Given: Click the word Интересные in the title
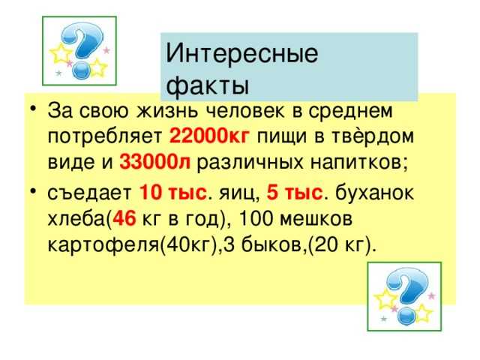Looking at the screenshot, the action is click(241, 53).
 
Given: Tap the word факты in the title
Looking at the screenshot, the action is click(207, 84).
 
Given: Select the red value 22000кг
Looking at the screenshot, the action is click(209, 136).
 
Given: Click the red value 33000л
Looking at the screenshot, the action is click(154, 161).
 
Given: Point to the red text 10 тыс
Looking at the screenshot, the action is click(172, 193).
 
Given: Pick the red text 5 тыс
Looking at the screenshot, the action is click(295, 193).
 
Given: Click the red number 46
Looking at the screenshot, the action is click(124, 218).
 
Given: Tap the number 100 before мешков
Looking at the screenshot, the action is click(255, 218).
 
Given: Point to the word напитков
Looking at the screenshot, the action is click(356, 162).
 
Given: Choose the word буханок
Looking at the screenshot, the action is click(374, 193).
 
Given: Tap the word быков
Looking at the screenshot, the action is click(271, 245).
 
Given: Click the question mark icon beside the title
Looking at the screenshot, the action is click(79, 51).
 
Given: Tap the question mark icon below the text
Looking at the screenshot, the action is click(404, 296).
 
